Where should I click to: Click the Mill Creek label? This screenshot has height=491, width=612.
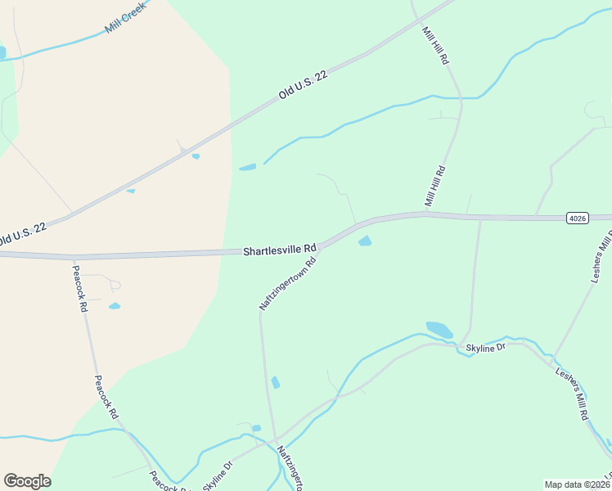[x=125, y=17]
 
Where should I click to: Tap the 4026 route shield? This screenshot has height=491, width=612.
[x=578, y=218]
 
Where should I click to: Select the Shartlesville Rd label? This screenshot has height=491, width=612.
[x=279, y=250]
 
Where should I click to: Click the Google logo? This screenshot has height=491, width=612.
[x=27, y=481]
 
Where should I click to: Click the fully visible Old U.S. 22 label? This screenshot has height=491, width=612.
[x=303, y=85]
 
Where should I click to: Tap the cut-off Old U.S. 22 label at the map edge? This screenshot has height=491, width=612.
[x=22, y=233]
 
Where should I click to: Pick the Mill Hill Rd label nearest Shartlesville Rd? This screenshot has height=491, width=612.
[x=434, y=187]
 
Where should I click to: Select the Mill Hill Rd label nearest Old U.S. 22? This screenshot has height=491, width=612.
[x=435, y=46]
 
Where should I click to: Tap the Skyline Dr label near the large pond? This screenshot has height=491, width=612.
[x=486, y=348]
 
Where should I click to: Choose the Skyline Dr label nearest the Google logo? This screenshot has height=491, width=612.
[x=218, y=475]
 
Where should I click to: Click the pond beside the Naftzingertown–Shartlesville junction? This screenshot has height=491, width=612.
[x=365, y=241]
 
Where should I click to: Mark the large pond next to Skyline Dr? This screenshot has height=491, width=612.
[x=439, y=330]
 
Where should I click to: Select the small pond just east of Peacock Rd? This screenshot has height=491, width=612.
[x=115, y=306]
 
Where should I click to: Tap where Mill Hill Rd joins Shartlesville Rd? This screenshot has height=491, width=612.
[x=426, y=214]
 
